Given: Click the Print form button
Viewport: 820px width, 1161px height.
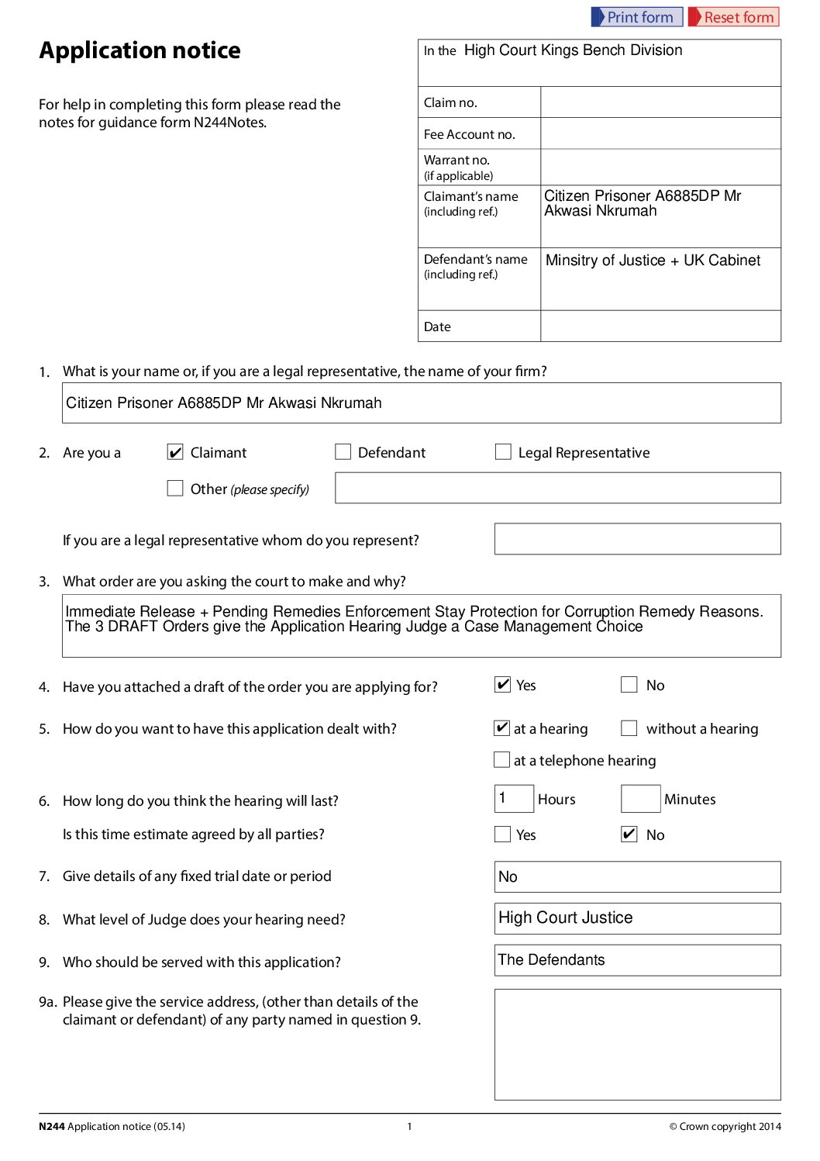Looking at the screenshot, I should tap(636, 17).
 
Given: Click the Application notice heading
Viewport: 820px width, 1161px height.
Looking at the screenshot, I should tap(140, 50).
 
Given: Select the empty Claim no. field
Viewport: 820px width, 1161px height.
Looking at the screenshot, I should tap(660, 102).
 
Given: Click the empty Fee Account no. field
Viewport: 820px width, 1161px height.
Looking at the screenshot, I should tap(660, 133).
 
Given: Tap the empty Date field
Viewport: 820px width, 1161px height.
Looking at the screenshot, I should tap(660, 327).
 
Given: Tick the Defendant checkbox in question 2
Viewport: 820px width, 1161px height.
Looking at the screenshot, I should tap(343, 452).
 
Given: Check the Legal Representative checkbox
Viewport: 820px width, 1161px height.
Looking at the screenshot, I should tap(503, 452).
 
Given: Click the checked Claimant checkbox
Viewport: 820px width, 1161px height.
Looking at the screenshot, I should tap(175, 452).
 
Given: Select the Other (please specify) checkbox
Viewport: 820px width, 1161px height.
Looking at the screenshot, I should tap(175, 489).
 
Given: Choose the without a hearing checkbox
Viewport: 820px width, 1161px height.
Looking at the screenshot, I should tap(629, 728).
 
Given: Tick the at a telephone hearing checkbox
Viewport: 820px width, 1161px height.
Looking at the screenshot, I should tap(502, 760).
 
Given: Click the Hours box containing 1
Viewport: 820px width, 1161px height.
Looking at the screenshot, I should tap(514, 799).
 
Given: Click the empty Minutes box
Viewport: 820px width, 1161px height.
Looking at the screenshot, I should tap(640, 799).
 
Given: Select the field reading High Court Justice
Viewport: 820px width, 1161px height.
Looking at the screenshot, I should tap(637, 918).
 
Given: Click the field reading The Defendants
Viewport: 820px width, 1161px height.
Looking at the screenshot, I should tap(637, 960).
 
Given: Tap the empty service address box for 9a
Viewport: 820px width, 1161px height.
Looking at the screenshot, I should tap(637, 1044).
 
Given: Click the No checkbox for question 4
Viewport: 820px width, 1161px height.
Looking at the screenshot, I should tap(629, 685).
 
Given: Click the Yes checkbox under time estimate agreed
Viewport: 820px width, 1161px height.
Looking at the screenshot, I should tap(502, 834).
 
